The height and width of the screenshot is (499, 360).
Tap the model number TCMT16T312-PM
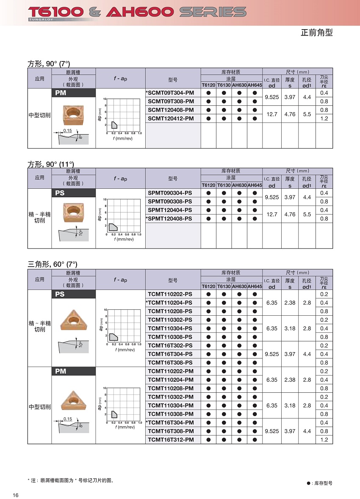pyautogui.click(x=171, y=440)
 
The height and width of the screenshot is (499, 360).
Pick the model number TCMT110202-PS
pyautogui.click(x=170, y=294)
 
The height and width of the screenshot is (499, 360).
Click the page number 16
pyautogui.click(x=16, y=496)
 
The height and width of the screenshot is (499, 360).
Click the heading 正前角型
pyautogui.click(x=317, y=33)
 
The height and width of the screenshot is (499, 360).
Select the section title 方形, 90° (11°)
pyautogui.click(x=51, y=164)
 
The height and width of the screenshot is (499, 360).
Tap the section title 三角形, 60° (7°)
pyautogui.click(x=53, y=265)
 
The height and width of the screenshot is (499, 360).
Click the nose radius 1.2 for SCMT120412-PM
pyautogui.click(x=324, y=119)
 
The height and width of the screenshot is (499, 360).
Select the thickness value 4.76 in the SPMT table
pyautogui.click(x=290, y=214)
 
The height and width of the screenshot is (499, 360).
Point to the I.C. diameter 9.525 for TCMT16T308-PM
pyautogui.click(x=272, y=431)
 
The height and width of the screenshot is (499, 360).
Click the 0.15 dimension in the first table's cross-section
pyautogui.click(x=67, y=130)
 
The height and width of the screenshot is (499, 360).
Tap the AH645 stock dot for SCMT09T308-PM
pyautogui.click(x=255, y=102)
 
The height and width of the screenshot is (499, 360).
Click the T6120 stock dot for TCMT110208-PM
pyautogui.click(x=208, y=388)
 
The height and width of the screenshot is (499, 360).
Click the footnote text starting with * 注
pyautogui.click(x=71, y=480)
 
